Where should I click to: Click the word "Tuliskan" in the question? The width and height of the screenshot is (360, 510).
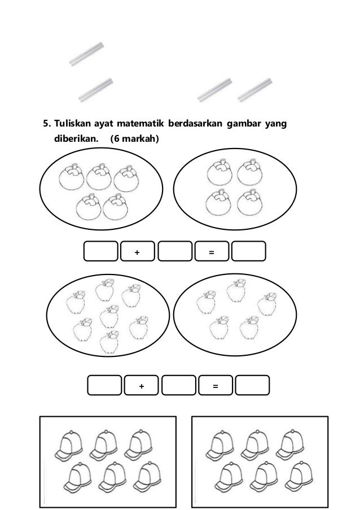point(74,123)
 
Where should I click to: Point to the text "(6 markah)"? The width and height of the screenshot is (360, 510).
point(135,137)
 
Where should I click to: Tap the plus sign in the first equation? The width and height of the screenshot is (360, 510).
point(137,252)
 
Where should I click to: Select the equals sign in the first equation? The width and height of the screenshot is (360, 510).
point(211,252)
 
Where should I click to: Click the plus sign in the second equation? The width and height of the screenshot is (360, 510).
point(141,386)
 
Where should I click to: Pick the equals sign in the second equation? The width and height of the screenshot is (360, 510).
point(215,386)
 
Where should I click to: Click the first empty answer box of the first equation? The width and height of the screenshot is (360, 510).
point(100,252)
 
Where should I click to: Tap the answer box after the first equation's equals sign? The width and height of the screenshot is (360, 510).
point(249,252)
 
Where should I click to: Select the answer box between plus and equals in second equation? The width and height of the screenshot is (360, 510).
point(178,386)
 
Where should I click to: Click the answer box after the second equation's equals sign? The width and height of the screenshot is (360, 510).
point(253,386)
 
